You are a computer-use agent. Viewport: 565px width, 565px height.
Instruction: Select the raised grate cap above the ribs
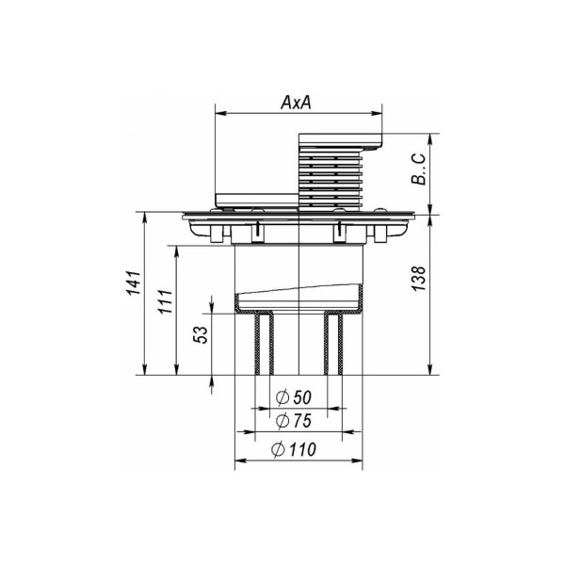pos(339,140)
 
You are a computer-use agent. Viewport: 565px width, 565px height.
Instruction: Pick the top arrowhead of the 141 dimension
pos(143,218)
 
